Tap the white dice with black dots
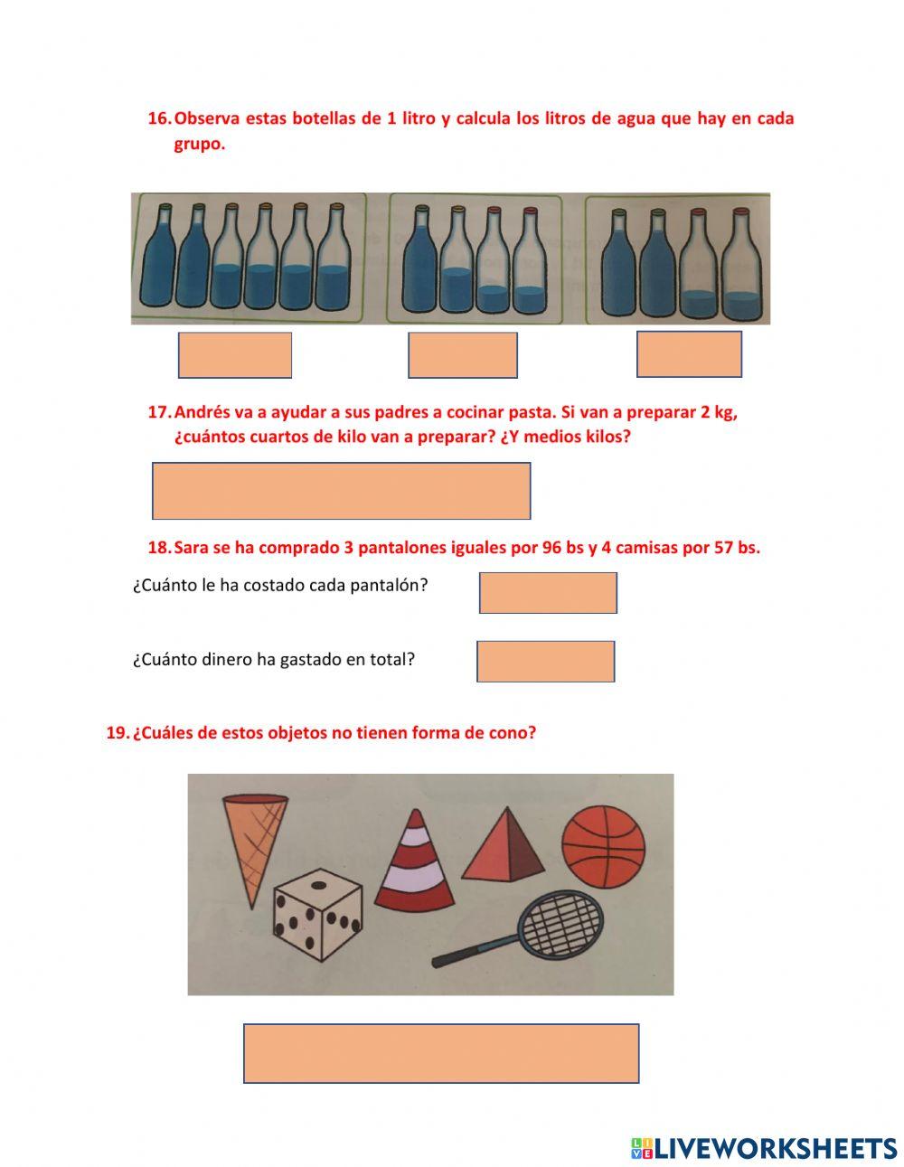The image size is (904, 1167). click(x=317, y=915)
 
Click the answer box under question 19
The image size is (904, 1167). click(x=441, y=1053)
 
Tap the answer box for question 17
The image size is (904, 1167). click(x=341, y=491)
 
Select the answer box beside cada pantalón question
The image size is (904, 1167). click(x=548, y=593)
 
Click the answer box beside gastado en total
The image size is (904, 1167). click(x=545, y=662)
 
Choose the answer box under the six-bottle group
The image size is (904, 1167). click(x=235, y=355)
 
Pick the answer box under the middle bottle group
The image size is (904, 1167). click(x=462, y=355)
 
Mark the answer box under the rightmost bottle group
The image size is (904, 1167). click(x=689, y=354)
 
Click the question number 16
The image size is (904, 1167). click(x=158, y=118)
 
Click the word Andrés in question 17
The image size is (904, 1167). click(x=202, y=412)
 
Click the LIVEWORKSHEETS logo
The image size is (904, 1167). click(x=764, y=1148)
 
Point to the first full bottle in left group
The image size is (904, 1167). click(x=158, y=258)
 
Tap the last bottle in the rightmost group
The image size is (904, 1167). click(x=741, y=265)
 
